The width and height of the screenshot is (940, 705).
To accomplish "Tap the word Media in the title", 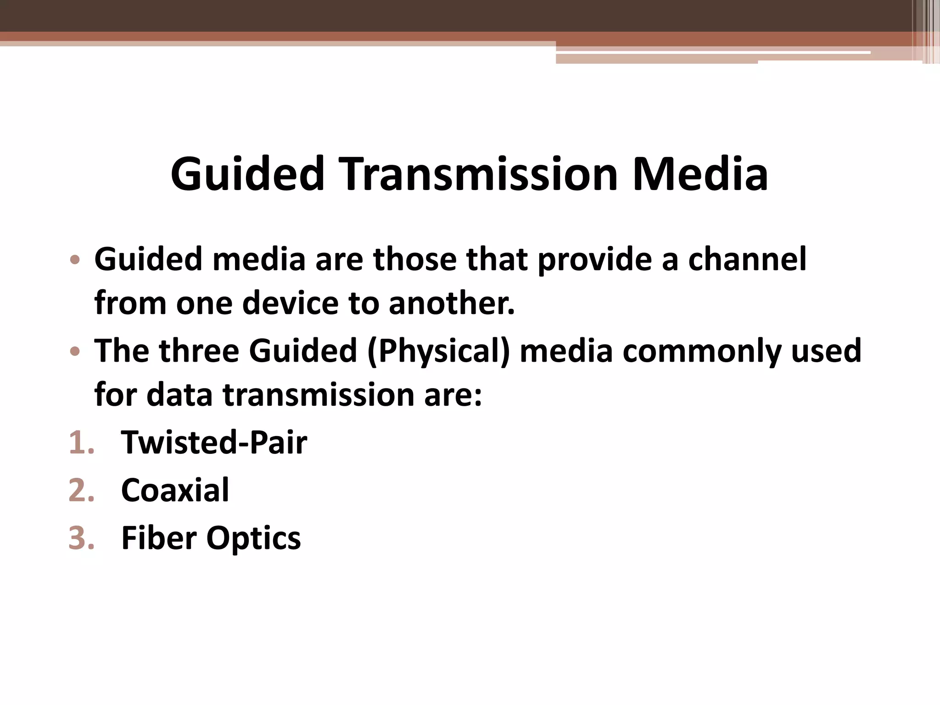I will [700, 174].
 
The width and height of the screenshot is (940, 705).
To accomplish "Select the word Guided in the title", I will [247, 174].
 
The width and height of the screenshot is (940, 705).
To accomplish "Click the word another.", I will [452, 303].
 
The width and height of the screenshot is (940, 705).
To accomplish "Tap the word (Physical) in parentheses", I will [438, 352].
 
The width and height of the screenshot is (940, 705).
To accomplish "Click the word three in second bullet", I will [199, 351].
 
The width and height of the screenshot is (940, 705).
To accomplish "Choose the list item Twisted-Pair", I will [214, 442].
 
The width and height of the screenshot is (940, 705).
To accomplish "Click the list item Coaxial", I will [175, 490].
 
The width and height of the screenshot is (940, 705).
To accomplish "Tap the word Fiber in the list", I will [158, 537].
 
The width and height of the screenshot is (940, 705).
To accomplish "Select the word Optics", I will [253, 538].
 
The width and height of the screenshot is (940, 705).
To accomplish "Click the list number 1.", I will [81, 443].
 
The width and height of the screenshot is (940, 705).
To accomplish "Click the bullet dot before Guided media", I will [75, 260].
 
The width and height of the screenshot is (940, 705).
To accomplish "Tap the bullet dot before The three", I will [75, 352].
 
